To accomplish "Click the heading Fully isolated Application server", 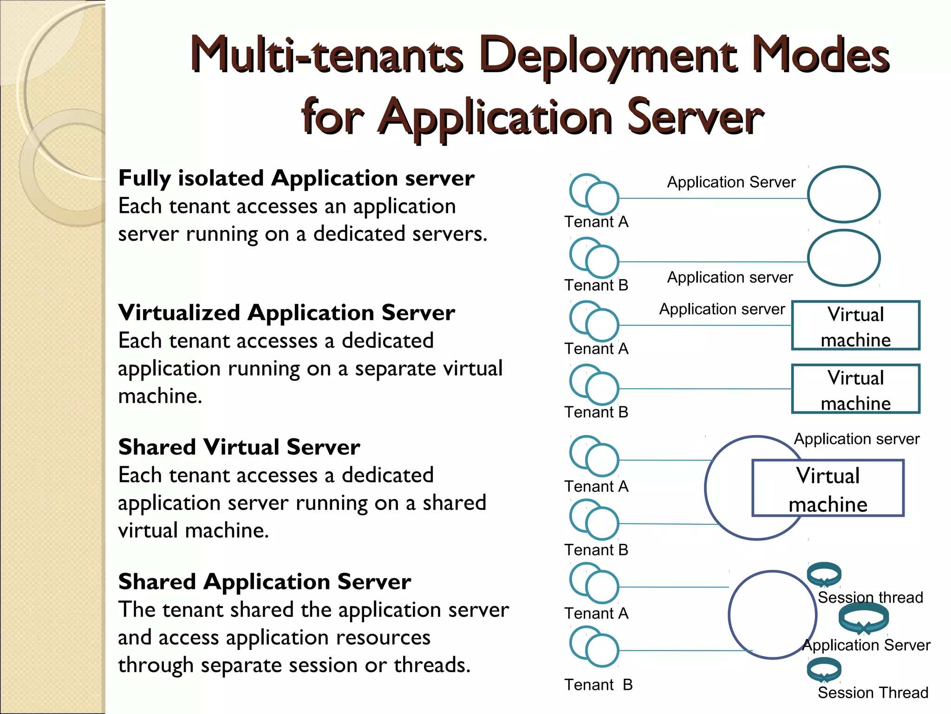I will point(296,178).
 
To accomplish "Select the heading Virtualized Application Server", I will point(287,313).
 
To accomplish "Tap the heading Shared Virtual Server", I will point(239,447).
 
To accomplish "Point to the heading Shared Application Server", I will point(264,582).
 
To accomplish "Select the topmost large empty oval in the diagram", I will point(843,194).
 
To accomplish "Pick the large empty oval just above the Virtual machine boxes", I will point(843,258).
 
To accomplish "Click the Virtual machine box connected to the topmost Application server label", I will point(855,325).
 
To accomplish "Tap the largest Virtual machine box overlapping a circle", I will point(827,488).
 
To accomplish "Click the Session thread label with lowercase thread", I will point(870,597).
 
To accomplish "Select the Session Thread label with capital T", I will point(873,693).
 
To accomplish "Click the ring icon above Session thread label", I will point(824,575).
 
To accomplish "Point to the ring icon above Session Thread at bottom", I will point(824,670).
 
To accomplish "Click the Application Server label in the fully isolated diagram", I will point(731,182).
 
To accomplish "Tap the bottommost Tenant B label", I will point(598,685).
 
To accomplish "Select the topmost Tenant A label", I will point(596,222).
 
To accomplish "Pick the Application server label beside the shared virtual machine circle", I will point(856,439).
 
